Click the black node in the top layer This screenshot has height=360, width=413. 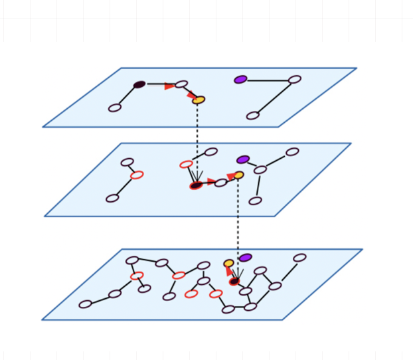click(139, 84)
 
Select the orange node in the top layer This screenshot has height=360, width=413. click(199, 100)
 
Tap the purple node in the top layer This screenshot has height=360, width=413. click(240, 80)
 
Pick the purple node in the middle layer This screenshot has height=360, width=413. click(243, 159)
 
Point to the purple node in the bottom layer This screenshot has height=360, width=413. click(246, 257)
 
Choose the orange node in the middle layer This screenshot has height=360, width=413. click(238, 175)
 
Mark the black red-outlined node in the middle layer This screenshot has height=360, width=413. click(196, 185)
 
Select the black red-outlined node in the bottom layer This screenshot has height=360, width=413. click(234, 282)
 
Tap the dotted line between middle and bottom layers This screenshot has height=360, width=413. click(238, 226)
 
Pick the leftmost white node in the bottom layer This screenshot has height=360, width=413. click(86, 304)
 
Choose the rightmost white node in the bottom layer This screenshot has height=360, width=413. click(300, 258)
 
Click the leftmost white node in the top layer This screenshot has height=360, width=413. click(115, 108)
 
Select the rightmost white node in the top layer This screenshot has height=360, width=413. click(295, 80)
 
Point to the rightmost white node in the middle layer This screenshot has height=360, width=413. click(292, 151)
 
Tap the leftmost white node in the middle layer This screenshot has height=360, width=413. click(112, 198)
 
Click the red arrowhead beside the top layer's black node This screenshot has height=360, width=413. click(170, 86)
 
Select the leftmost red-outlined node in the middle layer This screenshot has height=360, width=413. click(137, 175)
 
